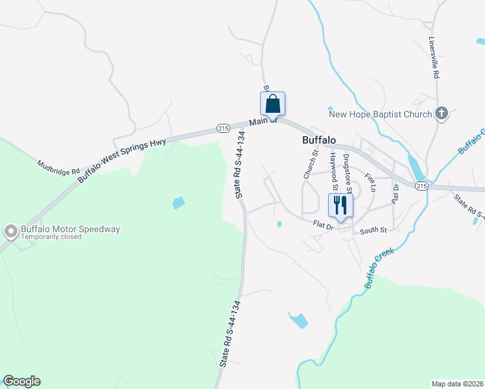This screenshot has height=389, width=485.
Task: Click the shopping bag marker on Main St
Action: tap(273, 104)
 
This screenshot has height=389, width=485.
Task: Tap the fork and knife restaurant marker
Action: tap(340, 206)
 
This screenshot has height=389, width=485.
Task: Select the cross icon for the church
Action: tap(441, 114)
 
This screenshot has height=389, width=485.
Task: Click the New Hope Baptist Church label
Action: tap(380, 115)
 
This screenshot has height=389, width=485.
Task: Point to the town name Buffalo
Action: tap(319, 140)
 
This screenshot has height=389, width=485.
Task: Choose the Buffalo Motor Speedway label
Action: tap(71, 229)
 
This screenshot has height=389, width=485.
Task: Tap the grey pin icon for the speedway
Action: tap(10, 231)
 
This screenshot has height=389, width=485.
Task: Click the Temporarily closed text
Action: tap(52, 237)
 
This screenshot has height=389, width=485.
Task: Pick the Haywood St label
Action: tap(333, 167)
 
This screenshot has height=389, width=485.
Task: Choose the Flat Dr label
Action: tap(322, 226)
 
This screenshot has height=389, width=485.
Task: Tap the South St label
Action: tap(373, 230)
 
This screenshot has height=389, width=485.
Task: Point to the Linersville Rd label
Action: tap(434, 57)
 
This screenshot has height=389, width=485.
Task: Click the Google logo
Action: tap(21, 381)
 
